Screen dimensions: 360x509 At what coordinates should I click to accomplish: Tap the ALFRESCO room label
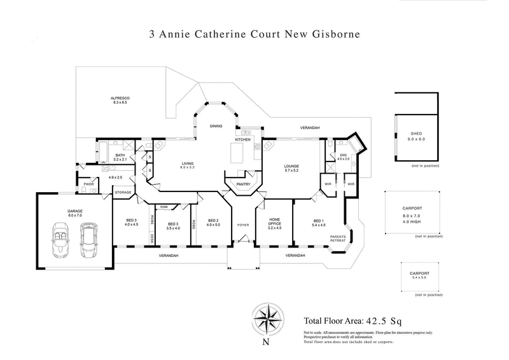tap(120, 97)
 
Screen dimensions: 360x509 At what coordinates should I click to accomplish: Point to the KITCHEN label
tap(243, 139)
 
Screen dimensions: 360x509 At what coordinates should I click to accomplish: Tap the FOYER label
tap(243, 225)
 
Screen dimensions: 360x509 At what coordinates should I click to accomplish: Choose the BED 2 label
tap(212, 219)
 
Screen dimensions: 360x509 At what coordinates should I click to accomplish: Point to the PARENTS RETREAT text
tap(338, 240)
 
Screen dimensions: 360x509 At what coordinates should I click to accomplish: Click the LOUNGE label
tap(291, 167)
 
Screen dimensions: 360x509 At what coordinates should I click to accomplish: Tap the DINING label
tap(216, 126)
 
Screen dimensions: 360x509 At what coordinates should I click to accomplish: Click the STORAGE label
tap(123, 192)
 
